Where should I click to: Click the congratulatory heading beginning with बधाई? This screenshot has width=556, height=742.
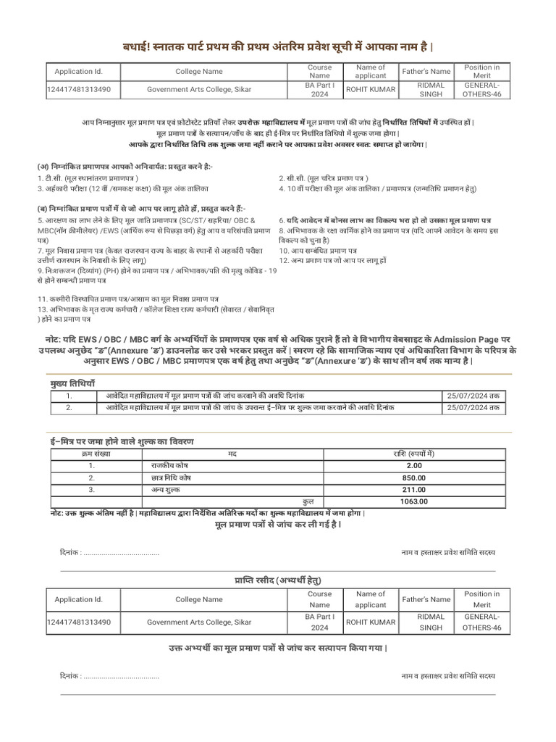(x=278, y=47)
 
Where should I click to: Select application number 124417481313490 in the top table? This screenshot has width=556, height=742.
(x=78, y=90)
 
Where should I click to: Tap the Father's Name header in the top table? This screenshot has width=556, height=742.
(x=430, y=72)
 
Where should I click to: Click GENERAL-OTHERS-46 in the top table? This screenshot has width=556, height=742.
(x=481, y=90)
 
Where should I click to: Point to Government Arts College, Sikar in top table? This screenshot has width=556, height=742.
(x=199, y=90)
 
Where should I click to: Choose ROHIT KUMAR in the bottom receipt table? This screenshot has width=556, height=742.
(x=371, y=622)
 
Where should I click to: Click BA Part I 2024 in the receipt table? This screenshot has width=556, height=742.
(x=319, y=622)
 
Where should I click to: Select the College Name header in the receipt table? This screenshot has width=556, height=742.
(x=199, y=599)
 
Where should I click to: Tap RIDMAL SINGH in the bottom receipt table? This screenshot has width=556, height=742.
(x=430, y=622)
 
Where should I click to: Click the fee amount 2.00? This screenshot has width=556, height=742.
(x=414, y=466)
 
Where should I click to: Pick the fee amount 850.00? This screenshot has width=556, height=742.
(x=414, y=478)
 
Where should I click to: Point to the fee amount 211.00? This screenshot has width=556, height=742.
(x=414, y=490)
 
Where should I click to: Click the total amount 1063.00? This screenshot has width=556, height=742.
(x=414, y=501)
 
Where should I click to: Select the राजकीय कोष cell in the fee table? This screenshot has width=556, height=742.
(x=170, y=466)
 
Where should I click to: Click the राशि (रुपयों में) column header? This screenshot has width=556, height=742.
(x=414, y=454)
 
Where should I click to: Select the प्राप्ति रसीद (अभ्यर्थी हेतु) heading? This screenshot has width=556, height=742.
(x=277, y=580)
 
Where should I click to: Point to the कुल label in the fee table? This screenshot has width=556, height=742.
(x=309, y=501)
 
